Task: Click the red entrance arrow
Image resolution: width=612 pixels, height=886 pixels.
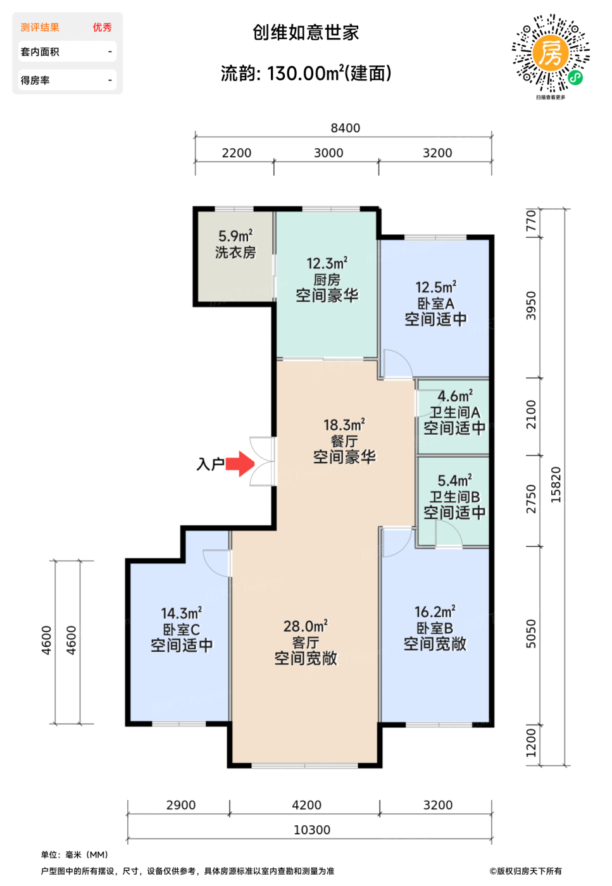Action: point(240,463)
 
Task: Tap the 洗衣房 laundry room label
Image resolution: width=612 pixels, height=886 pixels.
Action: point(235,253)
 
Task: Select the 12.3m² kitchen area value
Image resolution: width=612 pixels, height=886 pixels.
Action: point(327,263)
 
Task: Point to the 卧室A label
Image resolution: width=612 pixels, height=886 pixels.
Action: point(435,303)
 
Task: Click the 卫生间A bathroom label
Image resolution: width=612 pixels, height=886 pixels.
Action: point(455,412)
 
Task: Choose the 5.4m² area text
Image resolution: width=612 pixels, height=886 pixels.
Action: point(454,480)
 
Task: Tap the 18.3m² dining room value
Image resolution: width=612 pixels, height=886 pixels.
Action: point(344,425)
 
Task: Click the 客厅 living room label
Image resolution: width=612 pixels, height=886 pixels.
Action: point(306,642)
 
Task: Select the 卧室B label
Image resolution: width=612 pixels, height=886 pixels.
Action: point(435,628)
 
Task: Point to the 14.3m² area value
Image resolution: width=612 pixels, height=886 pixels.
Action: point(181,613)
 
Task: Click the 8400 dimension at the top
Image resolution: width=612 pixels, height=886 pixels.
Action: point(346,128)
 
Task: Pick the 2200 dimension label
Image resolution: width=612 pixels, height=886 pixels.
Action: point(237,153)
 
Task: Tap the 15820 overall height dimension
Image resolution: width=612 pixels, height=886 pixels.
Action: point(556,485)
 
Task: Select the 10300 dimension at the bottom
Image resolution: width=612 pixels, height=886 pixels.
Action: point(312,830)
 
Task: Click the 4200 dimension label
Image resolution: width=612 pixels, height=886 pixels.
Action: point(306,805)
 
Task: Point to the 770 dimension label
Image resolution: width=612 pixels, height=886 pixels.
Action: point(531,221)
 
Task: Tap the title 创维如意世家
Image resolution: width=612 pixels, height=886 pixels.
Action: point(306,32)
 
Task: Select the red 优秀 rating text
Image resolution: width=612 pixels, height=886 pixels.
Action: point(103,27)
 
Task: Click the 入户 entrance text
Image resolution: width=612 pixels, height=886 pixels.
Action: point(210,463)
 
